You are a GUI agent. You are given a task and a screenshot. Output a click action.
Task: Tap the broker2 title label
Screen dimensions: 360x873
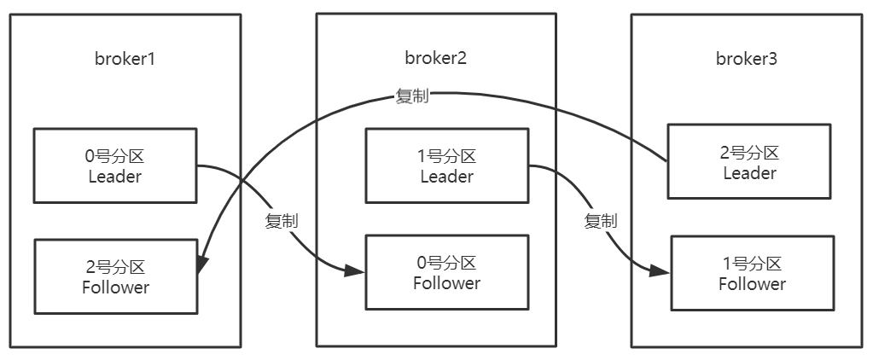[x=435, y=58]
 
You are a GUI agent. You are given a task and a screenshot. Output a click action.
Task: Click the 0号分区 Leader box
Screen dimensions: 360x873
[x=115, y=166]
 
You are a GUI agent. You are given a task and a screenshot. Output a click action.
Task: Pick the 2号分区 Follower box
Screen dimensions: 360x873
[x=115, y=276]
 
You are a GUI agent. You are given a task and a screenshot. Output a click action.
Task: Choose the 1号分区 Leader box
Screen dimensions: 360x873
[x=446, y=166]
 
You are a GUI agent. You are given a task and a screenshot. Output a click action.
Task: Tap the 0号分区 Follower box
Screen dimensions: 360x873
[x=446, y=272]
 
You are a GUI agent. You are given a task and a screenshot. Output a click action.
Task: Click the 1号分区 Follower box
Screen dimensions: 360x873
[x=751, y=274]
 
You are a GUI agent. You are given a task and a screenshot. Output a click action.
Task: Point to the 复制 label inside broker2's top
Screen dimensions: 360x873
[x=411, y=96]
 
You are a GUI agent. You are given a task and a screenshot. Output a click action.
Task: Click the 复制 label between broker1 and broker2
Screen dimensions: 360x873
[x=282, y=221]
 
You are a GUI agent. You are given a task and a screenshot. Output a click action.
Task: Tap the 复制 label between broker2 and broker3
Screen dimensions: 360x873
[x=600, y=221]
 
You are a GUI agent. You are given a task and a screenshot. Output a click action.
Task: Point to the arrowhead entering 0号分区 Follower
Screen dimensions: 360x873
[x=358, y=272]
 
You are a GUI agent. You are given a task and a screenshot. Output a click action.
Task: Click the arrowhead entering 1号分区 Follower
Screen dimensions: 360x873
[x=662, y=271]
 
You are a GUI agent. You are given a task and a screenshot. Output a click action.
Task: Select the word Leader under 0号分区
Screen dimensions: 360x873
[x=115, y=177]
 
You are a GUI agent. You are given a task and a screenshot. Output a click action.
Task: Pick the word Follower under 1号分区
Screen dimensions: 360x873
[x=751, y=284]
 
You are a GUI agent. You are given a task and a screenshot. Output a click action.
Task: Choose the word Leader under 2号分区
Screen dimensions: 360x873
[x=748, y=173]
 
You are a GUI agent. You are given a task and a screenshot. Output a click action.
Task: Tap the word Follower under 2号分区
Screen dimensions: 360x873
[x=115, y=287]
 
